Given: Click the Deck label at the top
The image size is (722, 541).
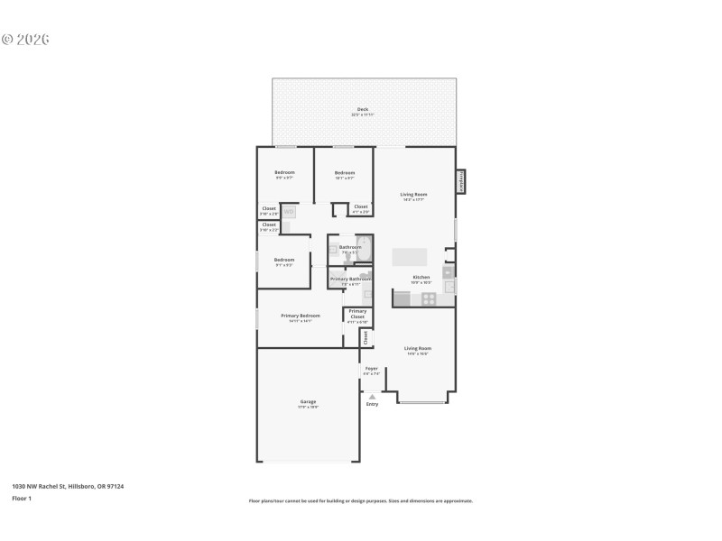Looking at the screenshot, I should coord(363,109).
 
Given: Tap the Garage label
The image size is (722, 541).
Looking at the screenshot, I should coord(308,402).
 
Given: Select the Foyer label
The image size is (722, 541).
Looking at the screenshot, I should coord(371,368).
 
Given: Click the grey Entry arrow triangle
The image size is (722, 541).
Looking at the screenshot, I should coord(372,396).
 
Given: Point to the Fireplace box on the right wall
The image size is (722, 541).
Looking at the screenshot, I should coord(460,181).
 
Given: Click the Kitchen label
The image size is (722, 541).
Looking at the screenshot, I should coord(421,277).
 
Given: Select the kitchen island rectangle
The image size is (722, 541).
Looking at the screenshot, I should coord(411,257).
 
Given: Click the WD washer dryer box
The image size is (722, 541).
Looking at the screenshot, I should coord(290,212).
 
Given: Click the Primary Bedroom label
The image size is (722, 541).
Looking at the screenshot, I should coord(301,316).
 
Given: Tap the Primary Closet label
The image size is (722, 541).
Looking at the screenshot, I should coord(357,315).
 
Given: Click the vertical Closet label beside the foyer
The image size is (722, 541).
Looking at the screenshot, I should coord(366,337).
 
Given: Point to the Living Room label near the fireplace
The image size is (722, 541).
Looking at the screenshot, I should coord(414,194).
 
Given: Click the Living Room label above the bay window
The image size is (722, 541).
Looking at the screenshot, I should coord(417,348).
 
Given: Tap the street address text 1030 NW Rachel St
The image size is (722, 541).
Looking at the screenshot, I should coord(68,486).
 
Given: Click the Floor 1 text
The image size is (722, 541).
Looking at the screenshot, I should coord(22,498).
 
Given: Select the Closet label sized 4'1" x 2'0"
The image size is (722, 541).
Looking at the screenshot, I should coord(360,207).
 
